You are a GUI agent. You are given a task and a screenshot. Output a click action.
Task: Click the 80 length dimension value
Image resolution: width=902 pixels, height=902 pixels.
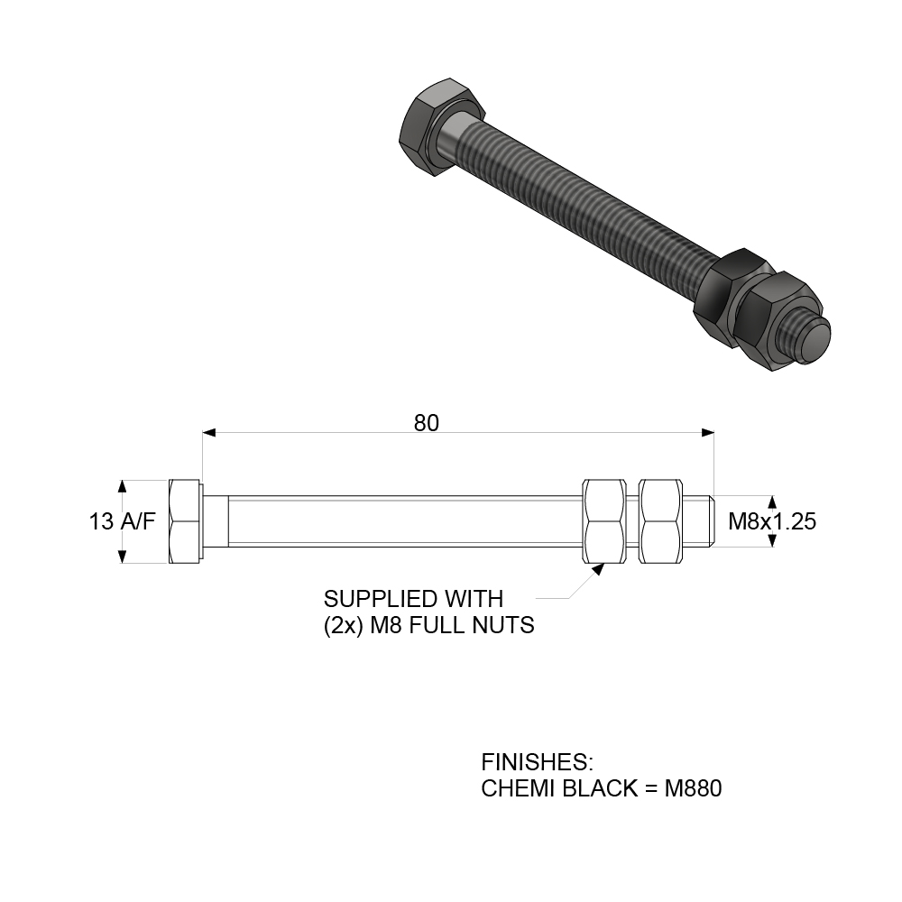click(427, 423)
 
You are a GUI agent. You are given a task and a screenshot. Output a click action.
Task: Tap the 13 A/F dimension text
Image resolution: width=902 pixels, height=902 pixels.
click(122, 521)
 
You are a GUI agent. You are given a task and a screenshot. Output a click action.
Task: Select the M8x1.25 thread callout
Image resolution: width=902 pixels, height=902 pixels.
click(772, 521)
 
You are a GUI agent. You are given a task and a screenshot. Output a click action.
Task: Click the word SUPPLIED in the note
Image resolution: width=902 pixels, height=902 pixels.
click(373, 600)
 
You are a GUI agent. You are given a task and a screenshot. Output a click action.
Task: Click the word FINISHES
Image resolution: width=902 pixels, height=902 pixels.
click(537, 762)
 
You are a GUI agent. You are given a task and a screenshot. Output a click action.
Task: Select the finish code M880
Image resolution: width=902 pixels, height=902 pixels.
click(693, 788)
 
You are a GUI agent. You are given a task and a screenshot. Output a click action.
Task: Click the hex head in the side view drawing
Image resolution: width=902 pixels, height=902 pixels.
click(185, 521)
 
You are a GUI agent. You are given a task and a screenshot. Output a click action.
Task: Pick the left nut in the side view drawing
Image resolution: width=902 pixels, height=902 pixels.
click(604, 521)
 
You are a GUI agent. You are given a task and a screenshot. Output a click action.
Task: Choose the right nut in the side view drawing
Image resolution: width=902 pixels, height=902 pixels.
click(661, 521)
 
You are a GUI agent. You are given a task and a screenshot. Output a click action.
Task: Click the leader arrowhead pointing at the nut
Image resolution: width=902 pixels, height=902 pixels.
click(598, 569)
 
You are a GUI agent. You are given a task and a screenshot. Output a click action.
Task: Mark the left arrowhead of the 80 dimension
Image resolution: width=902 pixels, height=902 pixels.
click(209, 433)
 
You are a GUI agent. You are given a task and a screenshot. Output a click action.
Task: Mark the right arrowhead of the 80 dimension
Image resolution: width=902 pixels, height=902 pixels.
click(707, 433)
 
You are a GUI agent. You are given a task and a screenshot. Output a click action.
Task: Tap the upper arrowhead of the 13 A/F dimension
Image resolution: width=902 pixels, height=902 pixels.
click(122, 487)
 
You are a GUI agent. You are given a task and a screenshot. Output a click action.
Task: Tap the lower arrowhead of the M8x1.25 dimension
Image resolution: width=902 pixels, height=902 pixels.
click(772, 540)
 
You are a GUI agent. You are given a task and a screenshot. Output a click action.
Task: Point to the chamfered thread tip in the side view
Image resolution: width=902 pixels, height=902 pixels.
click(711, 521)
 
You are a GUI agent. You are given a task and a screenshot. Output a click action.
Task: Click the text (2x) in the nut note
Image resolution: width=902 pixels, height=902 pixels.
click(344, 625)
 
